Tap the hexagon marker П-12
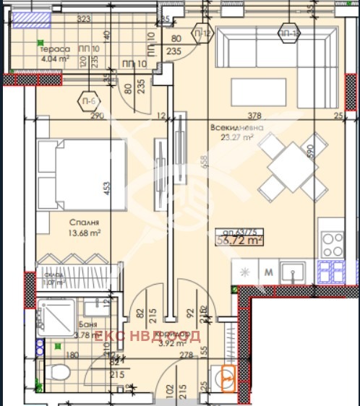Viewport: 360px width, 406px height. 202,34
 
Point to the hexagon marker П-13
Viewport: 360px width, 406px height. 289,34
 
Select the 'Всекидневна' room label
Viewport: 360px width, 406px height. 236,128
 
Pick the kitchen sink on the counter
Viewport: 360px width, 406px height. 294,273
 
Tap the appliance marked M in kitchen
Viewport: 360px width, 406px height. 268,273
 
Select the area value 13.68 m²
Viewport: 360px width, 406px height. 85,233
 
